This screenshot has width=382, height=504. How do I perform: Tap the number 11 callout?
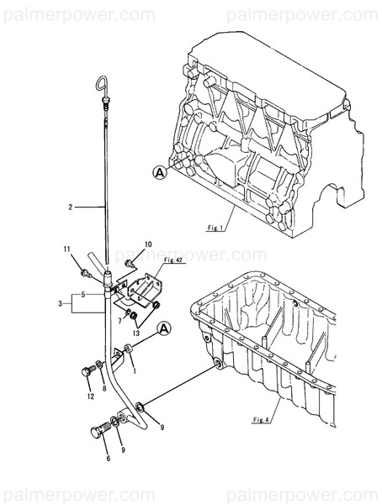tap(66, 249)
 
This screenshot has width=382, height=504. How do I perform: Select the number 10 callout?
tap(147, 244)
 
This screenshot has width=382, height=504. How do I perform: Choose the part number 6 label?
tap(109, 459)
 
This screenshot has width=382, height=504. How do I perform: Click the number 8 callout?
tap(103, 389)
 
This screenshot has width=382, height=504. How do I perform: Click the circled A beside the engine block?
tap(159, 172)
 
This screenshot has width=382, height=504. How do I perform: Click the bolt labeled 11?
tap(85, 272)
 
